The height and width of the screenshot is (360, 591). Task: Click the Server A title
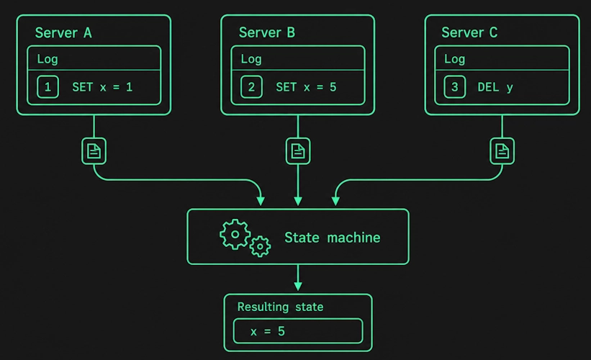63,33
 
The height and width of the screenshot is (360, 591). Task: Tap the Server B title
267,33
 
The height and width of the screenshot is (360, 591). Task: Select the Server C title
469,33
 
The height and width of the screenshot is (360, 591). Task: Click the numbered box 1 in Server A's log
48,87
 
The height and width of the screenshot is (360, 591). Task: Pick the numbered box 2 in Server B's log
251,87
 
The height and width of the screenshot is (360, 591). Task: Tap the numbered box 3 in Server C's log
454,87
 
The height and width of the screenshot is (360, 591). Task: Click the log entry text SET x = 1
102,87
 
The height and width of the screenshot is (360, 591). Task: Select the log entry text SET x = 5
306,87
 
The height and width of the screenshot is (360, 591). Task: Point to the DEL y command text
495,88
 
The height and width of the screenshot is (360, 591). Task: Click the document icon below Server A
94,151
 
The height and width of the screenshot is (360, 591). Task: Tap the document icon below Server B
298,151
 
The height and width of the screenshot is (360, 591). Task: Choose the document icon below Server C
502,151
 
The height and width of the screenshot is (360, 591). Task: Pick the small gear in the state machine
260,246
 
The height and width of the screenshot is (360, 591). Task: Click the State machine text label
332,238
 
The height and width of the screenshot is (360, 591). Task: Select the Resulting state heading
280,307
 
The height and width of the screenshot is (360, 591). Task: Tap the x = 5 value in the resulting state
268,331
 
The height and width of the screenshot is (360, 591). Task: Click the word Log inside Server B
251,59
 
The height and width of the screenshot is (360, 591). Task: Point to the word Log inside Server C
454,59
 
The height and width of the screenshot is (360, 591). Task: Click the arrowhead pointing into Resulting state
298,286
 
